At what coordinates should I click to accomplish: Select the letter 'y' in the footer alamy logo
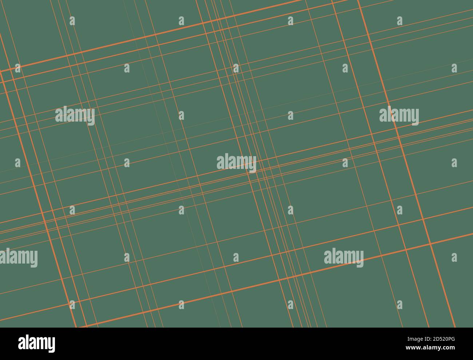[x=51, y=345]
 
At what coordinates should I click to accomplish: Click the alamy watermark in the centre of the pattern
[x=236, y=163]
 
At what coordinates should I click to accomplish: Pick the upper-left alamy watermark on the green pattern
[x=75, y=116]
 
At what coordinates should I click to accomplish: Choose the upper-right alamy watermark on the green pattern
[x=399, y=116]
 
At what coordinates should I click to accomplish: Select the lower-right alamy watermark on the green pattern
[x=343, y=257]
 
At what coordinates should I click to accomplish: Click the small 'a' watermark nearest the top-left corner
[x=72, y=21]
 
